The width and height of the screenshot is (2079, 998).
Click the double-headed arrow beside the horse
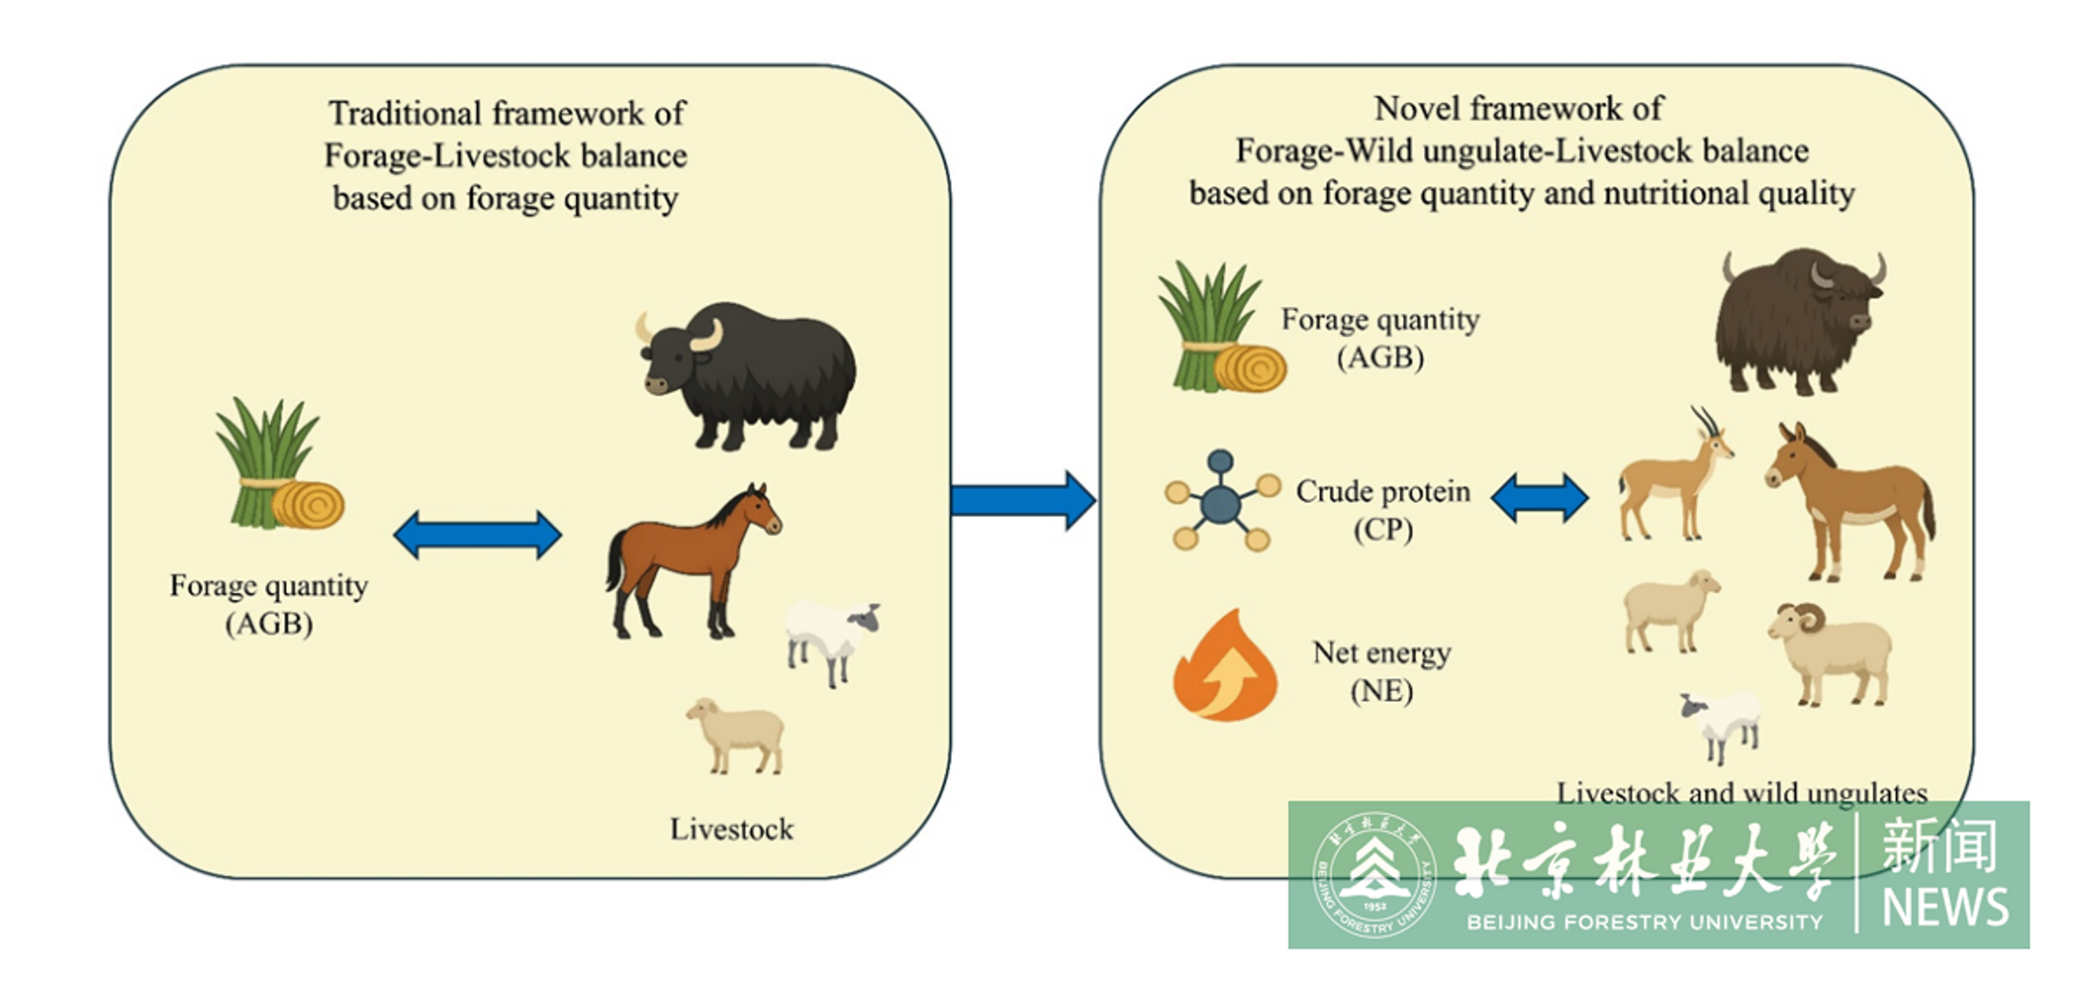(x=477, y=535)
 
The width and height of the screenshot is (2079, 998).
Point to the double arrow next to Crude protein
(x=1539, y=498)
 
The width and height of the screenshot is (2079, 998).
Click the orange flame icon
(x=1224, y=667)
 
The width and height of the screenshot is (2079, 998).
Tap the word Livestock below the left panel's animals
(x=731, y=829)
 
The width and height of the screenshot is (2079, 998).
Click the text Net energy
(x=1382, y=652)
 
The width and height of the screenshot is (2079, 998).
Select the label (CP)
(x=1383, y=529)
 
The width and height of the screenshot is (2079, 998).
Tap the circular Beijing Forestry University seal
(x=1374, y=876)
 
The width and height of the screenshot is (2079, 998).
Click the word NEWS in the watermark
(x=1945, y=907)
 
